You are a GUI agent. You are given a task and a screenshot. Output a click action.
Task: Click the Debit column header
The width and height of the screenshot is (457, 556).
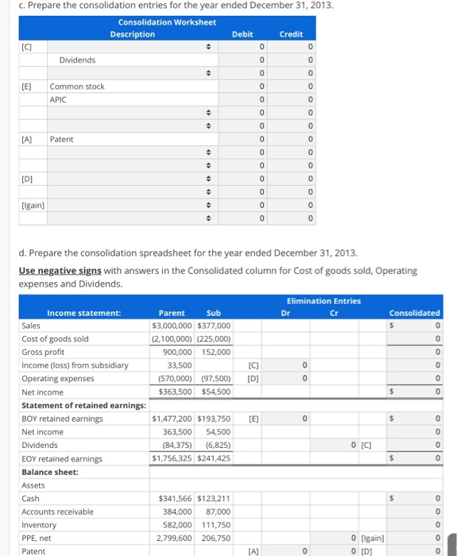242,34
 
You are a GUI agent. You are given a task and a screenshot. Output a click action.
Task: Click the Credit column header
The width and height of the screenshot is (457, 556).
291,34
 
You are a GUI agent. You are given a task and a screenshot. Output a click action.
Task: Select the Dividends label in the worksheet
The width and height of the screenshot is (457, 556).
77,60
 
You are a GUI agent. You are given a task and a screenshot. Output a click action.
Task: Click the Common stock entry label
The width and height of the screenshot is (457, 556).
77,86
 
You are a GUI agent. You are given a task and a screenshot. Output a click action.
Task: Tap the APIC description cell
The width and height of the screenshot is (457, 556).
58,99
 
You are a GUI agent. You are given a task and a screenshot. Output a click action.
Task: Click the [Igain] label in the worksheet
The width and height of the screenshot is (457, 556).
32,205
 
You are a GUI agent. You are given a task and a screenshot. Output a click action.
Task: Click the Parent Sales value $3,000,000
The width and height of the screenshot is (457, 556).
172,326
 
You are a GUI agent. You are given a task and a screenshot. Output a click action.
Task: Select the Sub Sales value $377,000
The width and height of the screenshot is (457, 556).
213,326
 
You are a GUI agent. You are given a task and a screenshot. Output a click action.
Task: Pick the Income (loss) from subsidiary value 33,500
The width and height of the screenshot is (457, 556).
184,365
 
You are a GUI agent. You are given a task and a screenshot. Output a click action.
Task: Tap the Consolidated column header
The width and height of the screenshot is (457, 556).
414,313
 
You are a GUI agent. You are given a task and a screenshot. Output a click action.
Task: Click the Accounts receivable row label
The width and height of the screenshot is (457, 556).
57,512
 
